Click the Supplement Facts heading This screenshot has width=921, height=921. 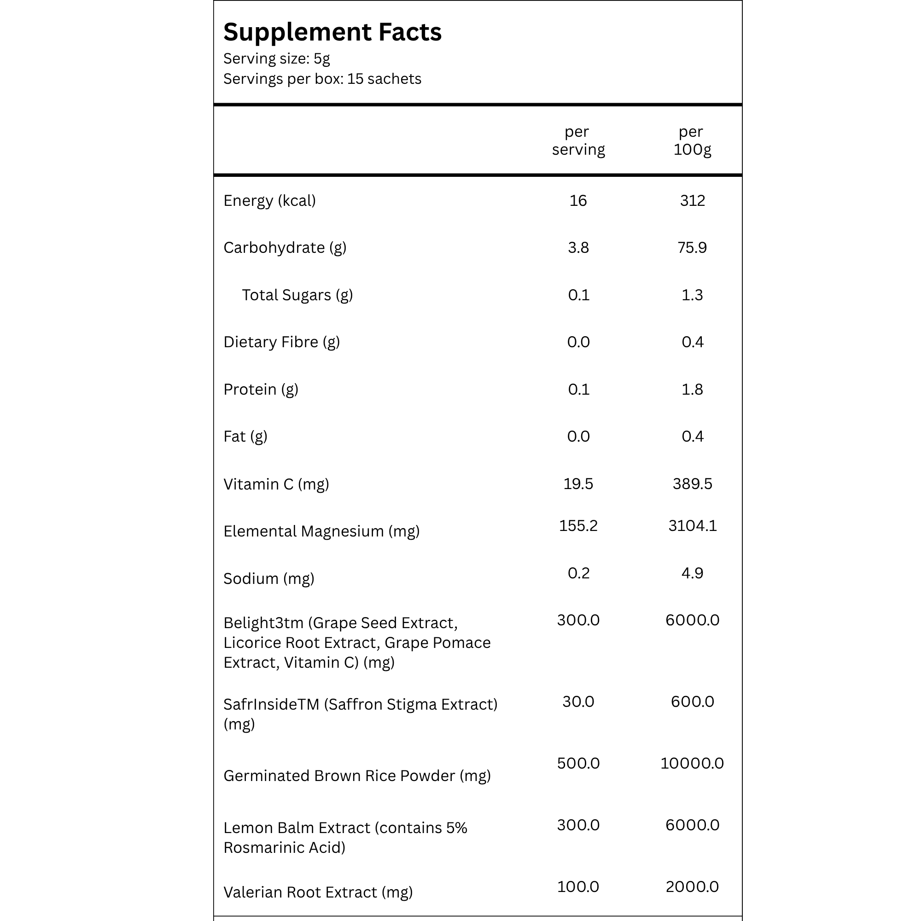click(332, 32)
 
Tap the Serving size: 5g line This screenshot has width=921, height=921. click(276, 58)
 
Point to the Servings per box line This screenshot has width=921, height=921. click(322, 79)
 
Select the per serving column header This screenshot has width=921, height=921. click(578, 140)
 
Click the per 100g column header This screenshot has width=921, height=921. click(692, 140)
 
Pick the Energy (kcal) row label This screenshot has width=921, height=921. click(269, 201)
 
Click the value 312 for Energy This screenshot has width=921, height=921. click(692, 201)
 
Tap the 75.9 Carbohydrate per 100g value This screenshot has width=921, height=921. click(692, 248)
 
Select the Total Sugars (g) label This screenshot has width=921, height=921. click(297, 295)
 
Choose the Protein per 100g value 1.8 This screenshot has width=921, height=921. click(692, 390)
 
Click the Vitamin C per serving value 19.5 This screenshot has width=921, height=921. click(578, 484)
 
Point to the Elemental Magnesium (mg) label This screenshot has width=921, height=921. click(321, 531)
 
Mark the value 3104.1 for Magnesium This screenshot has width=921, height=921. click(692, 525)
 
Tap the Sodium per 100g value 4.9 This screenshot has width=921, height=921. click(692, 572)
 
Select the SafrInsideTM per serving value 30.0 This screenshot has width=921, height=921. click(578, 701)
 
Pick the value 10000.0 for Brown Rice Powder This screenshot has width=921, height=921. click(692, 763)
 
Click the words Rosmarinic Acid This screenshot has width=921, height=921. click(284, 847)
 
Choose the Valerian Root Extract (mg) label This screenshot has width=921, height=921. click(318, 892)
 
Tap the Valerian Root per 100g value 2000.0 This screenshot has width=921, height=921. click(692, 886)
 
